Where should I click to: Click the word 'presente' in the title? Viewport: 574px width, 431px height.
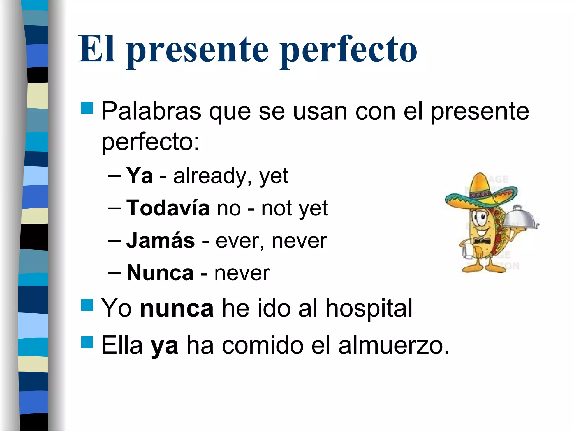point(198,50)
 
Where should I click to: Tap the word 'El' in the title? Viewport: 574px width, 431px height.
point(96,49)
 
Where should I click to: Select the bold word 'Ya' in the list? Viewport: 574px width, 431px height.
point(139,176)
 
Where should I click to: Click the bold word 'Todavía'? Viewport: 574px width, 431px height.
point(168,208)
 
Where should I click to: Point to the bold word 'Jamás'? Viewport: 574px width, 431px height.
point(160,240)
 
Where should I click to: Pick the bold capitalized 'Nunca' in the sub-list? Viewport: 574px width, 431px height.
point(160,273)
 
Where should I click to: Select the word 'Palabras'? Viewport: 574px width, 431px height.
point(151,111)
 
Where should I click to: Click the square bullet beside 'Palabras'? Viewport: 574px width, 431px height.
point(87,108)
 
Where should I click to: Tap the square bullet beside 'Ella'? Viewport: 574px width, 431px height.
point(87,342)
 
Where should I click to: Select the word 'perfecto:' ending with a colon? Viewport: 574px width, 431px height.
point(151,142)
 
